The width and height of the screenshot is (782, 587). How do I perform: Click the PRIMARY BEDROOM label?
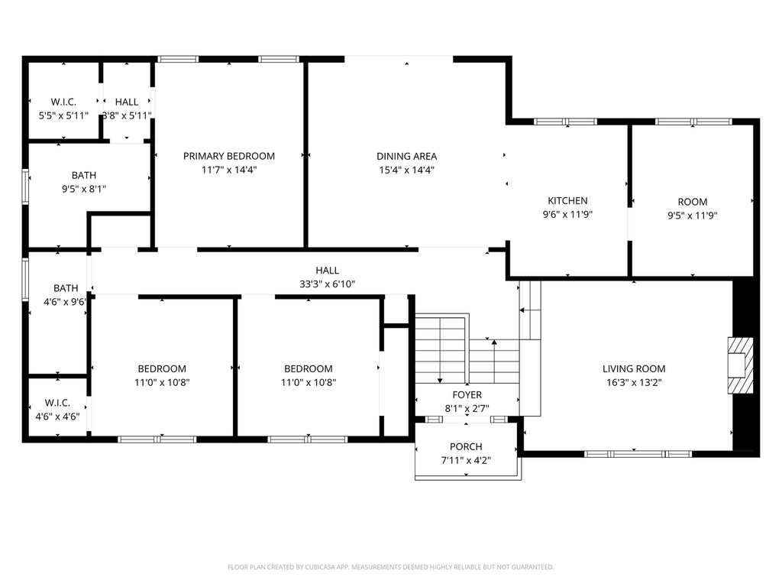229,156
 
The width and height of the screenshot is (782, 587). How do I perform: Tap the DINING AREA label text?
406,156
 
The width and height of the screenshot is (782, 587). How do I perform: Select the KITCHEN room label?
567,201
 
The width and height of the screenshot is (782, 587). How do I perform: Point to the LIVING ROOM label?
634,369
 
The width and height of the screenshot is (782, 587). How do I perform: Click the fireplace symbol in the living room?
740,366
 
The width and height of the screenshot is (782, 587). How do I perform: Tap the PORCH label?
466,446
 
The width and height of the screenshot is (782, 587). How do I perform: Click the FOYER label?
467,395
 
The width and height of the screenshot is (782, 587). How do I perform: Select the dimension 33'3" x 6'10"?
327,284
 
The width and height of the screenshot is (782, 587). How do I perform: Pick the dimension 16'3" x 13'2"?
634,383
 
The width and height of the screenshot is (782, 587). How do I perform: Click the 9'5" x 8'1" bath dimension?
84,190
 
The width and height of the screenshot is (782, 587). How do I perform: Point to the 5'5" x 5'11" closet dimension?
63,116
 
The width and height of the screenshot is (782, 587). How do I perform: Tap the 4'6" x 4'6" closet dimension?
57,417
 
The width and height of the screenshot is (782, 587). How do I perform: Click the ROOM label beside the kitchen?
692,202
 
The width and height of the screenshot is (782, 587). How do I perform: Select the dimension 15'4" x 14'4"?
406,170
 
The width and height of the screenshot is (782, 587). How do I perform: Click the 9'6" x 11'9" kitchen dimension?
567,215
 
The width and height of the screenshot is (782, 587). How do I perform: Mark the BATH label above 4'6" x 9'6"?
66,288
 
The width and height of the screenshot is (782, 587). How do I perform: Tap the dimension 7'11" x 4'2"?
466,461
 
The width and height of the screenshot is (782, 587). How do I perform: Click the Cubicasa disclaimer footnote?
390,567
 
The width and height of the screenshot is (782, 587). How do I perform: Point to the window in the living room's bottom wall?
638,454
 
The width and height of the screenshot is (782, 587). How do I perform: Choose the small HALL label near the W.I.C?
127,102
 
